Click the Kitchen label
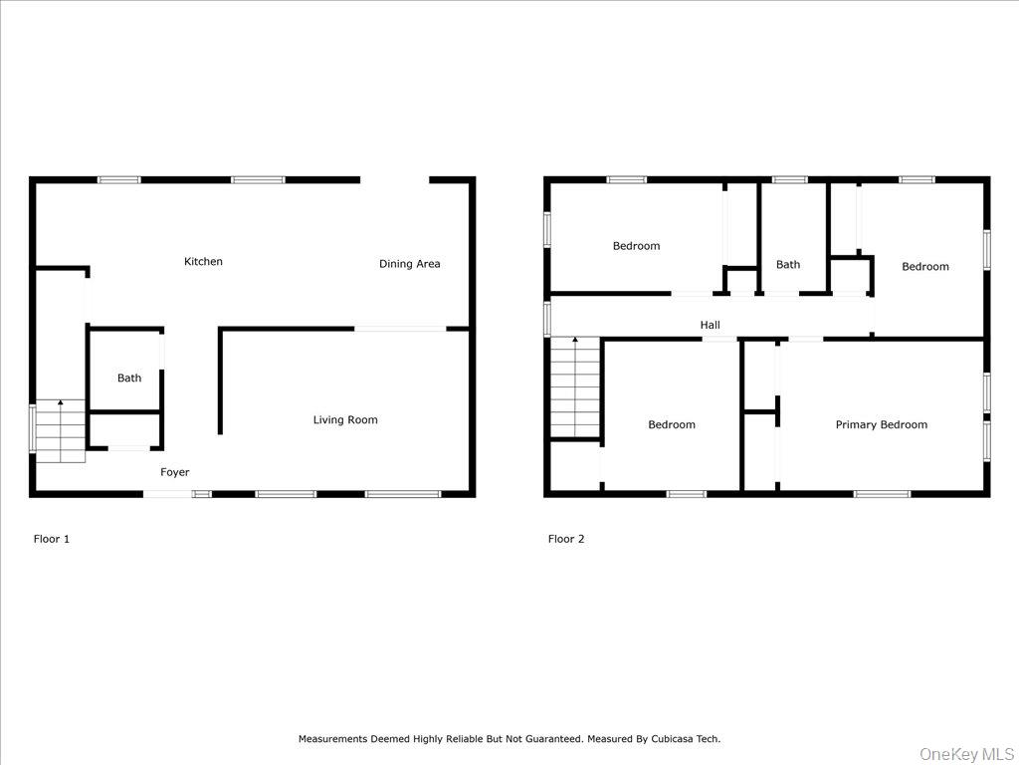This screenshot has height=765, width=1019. click(203, 262)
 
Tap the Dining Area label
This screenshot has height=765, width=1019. click(409, 264)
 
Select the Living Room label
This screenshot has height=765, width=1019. click(345, 420)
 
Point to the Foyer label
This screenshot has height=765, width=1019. click(175, 472)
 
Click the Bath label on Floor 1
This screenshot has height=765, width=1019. click(129, 379)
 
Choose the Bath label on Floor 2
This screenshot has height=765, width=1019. click(788, 265)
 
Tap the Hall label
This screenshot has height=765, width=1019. click(710, 325)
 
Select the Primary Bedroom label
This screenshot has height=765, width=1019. click(881, 425)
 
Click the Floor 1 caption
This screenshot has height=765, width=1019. click(52, 539)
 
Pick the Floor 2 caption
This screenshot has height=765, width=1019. click(566, 539)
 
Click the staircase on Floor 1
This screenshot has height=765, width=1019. click(61, 431)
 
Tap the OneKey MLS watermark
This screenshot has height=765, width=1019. click(964, 753)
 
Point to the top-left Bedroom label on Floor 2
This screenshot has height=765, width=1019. click(636, 246)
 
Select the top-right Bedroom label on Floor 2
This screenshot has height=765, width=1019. click(925, 267)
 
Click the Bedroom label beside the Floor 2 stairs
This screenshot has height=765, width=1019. click(672, 425)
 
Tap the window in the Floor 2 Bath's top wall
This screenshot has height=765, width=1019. click(789, 180)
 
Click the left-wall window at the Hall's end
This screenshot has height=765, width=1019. click(547, 319)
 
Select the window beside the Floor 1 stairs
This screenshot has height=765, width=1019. click(33, 428)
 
